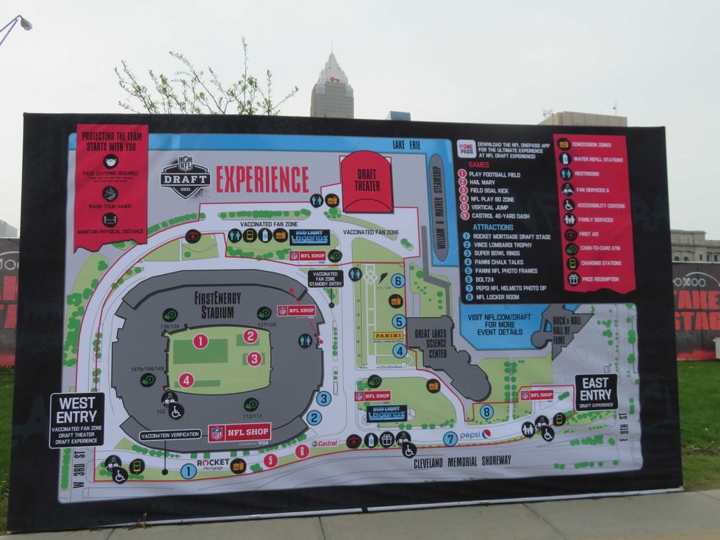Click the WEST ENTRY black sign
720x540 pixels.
[76, 420]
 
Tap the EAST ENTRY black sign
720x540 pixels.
[595, 392]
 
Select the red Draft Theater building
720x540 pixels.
[367, 181]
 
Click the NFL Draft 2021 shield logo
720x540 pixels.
[185, 176]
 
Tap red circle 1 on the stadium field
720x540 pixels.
[200, 341]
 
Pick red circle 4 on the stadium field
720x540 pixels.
[186, 380]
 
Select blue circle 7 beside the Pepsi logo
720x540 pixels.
[450, 439]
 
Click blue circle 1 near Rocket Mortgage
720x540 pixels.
[188, 471]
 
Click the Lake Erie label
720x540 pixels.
[406, 145]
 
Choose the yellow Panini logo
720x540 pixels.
[387, 336]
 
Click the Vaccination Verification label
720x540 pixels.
[170, 435]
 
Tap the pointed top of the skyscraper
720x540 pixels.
[332, 54]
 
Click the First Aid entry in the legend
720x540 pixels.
[588, 234]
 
